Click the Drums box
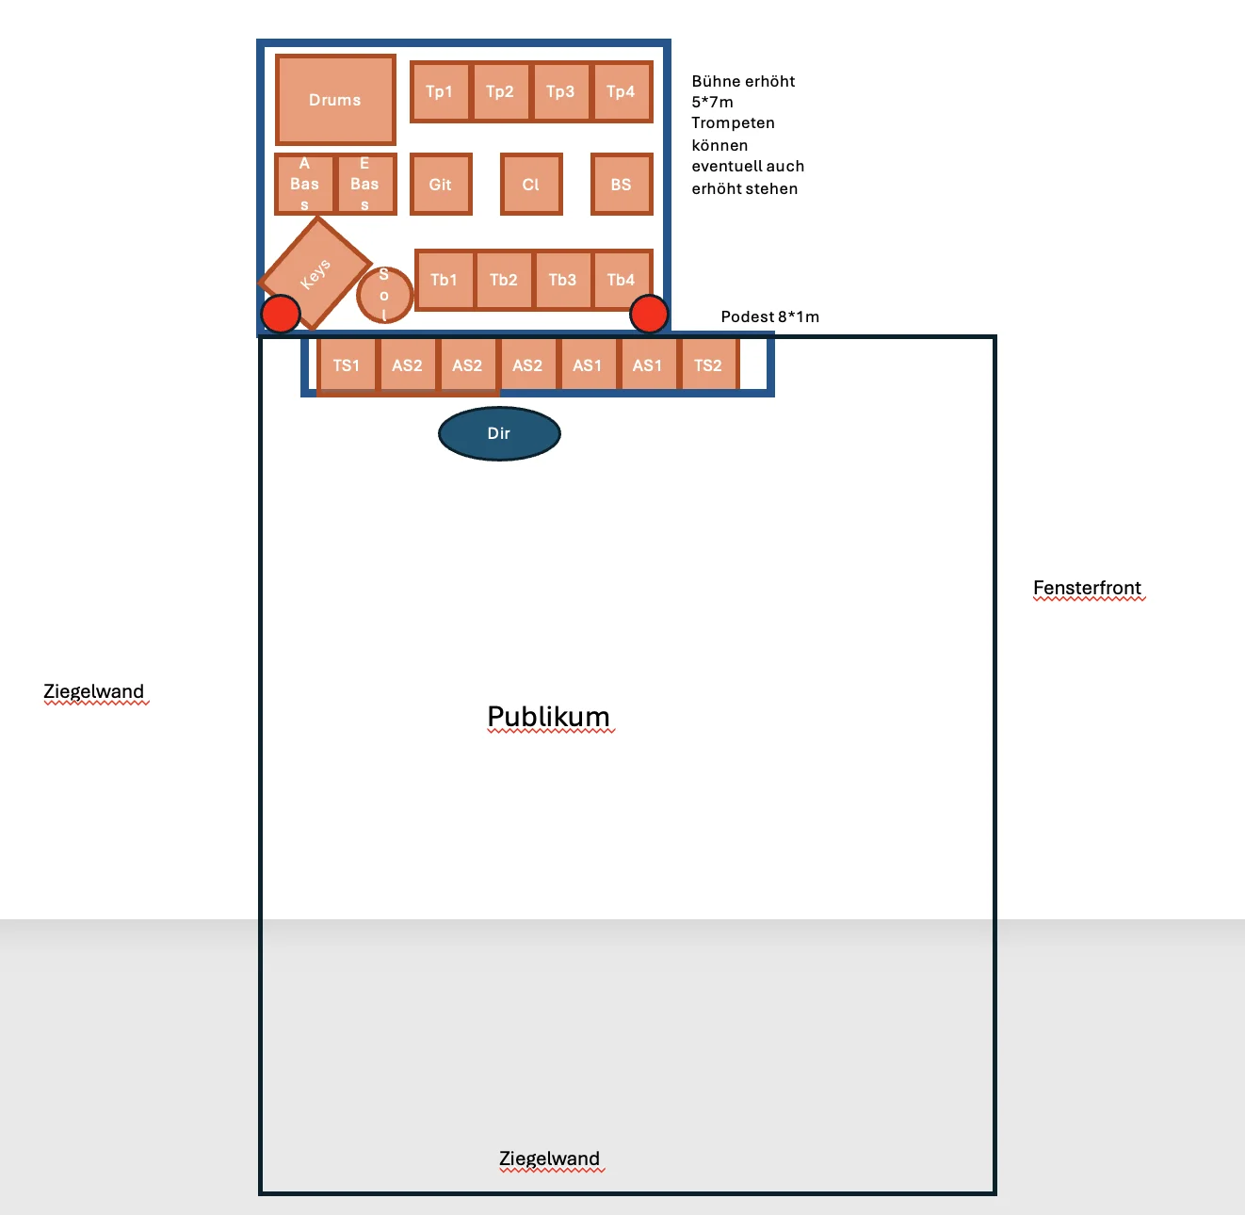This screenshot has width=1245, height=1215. [x=335, y=100]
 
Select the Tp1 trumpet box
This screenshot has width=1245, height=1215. [x=440, y=91]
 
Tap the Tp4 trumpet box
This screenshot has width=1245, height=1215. [x=622, y=91]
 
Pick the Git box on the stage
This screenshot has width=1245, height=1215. [x=441, y=185]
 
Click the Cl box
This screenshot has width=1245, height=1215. [x=531, y=185]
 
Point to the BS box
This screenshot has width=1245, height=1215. [x=622, y=185]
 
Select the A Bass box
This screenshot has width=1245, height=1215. [x=304, y=185]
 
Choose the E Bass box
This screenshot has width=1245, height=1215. [x=365, y=185]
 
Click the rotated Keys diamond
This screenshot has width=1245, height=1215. [x=315, y=273]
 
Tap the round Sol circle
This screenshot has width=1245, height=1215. [x=384, y=295]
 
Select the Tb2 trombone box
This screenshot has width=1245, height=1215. [x=504, y=281]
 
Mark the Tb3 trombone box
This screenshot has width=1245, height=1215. [x=563, y=281]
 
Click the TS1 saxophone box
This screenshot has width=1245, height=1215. [x=347, y=365]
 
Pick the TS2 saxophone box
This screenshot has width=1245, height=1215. [x=708, y=365]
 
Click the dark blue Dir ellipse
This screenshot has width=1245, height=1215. [x=500, y=434]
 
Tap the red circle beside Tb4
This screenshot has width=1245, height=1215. [x=649, y=315]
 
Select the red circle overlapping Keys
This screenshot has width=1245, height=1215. [x=281, y=315]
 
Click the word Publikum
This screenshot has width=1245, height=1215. [x=549, y=717]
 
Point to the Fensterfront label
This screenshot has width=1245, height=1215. [x=1087, y=588]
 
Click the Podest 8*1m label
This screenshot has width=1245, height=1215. [x=769, y=316]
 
